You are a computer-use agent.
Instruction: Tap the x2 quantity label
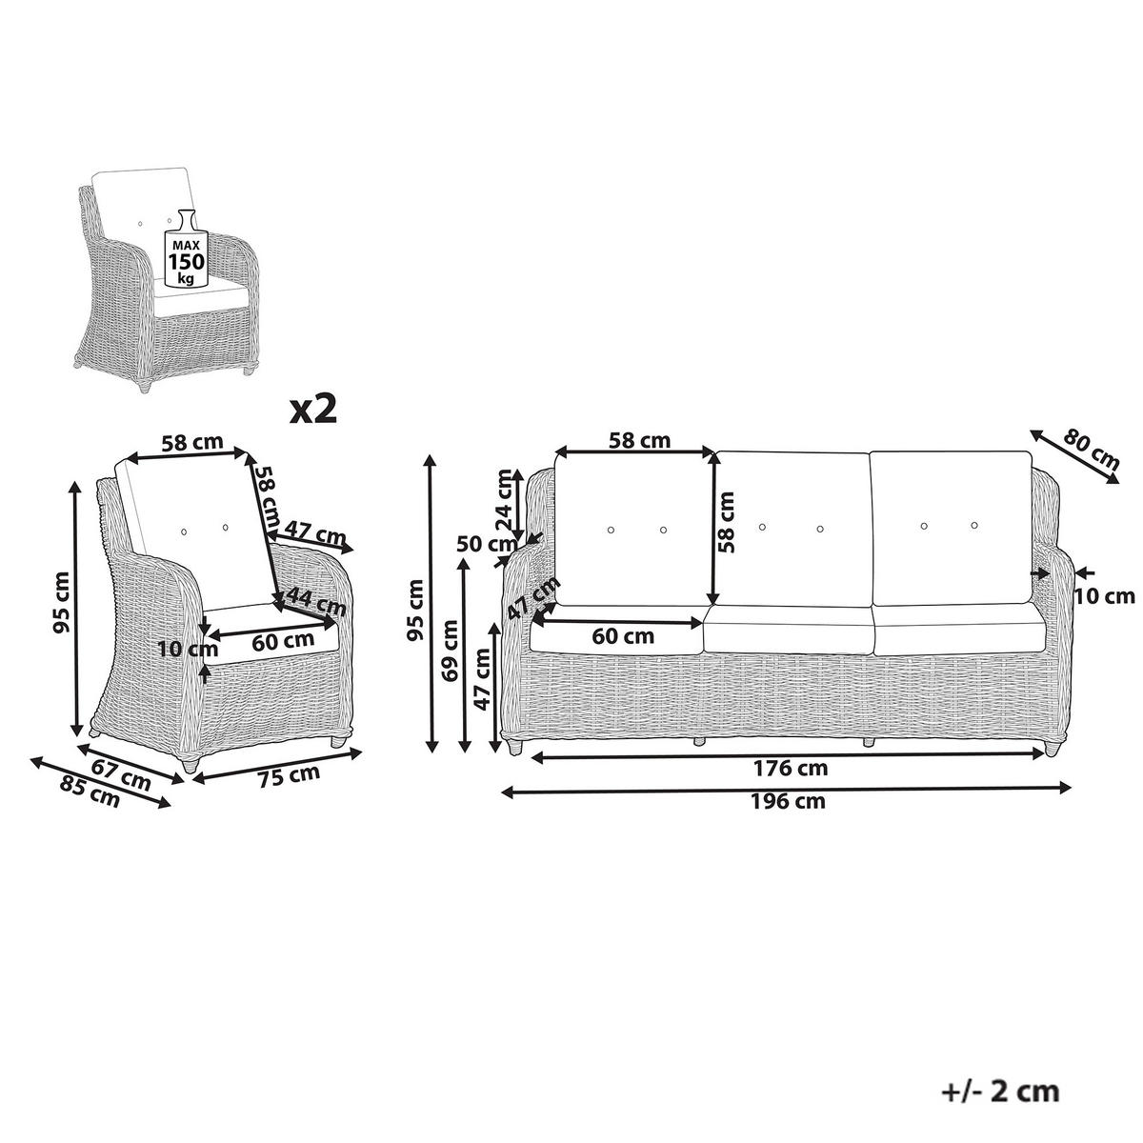(x=313, y=409)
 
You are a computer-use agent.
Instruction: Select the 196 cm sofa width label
(x=787, y=801)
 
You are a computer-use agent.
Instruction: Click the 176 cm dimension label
(x=790, y=768)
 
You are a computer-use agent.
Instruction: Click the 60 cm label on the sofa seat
(x=623, y=636)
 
